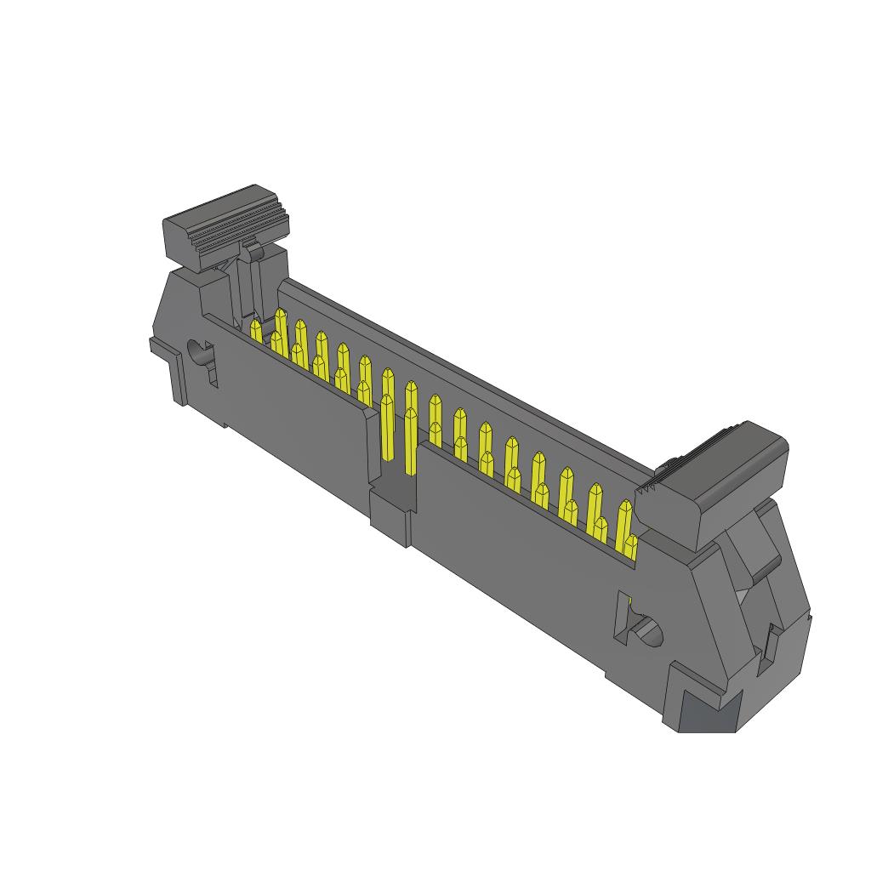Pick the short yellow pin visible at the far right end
tap(630, 549)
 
